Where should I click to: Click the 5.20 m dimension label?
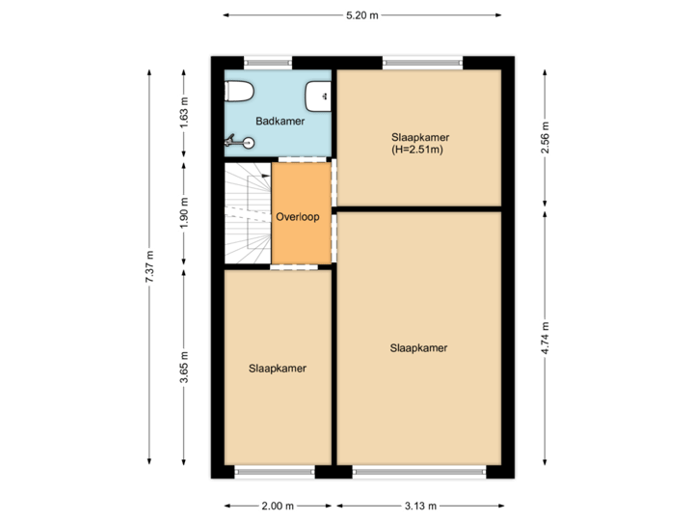[x=362, y=14]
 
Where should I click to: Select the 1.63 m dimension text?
[x=185, y=113]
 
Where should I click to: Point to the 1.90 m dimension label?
[x=185, y=210]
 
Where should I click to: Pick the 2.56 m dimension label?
[x=546, y=137]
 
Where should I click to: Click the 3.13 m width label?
[x=420, y=506]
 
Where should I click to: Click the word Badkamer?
[x=280, y=121]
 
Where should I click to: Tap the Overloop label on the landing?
[x=297, y=217]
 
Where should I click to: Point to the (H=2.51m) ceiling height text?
[x=420, y=150]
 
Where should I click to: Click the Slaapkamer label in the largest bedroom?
[x=419, y=347]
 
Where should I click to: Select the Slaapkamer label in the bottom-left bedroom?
[x=278, y=368]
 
